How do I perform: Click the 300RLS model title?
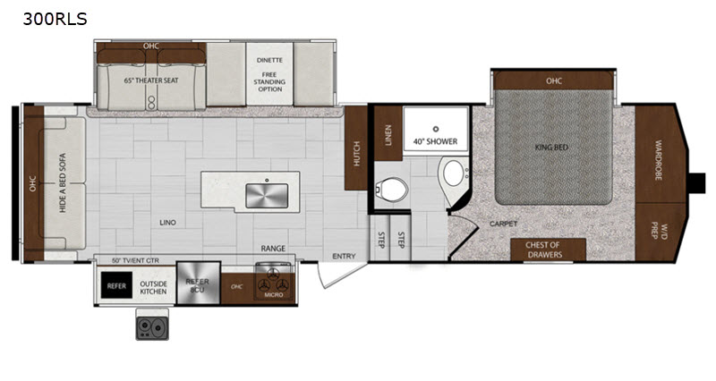55,19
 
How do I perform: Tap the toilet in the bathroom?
391,189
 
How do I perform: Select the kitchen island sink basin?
267,196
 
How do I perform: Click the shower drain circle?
436,129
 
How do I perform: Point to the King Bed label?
551,148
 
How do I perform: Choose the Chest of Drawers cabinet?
548,250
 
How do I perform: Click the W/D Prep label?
660,231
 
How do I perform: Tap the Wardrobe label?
659,160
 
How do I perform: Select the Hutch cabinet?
356,148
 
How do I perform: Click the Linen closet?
388,133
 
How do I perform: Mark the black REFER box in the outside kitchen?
116,285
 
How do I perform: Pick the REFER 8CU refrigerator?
198,283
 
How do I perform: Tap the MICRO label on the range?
274,295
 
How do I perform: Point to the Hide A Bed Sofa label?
63,182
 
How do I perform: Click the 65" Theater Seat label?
151,80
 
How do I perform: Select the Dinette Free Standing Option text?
269,74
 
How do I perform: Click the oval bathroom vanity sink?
454,173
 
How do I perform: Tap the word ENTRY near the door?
344,257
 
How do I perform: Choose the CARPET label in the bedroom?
503,224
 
